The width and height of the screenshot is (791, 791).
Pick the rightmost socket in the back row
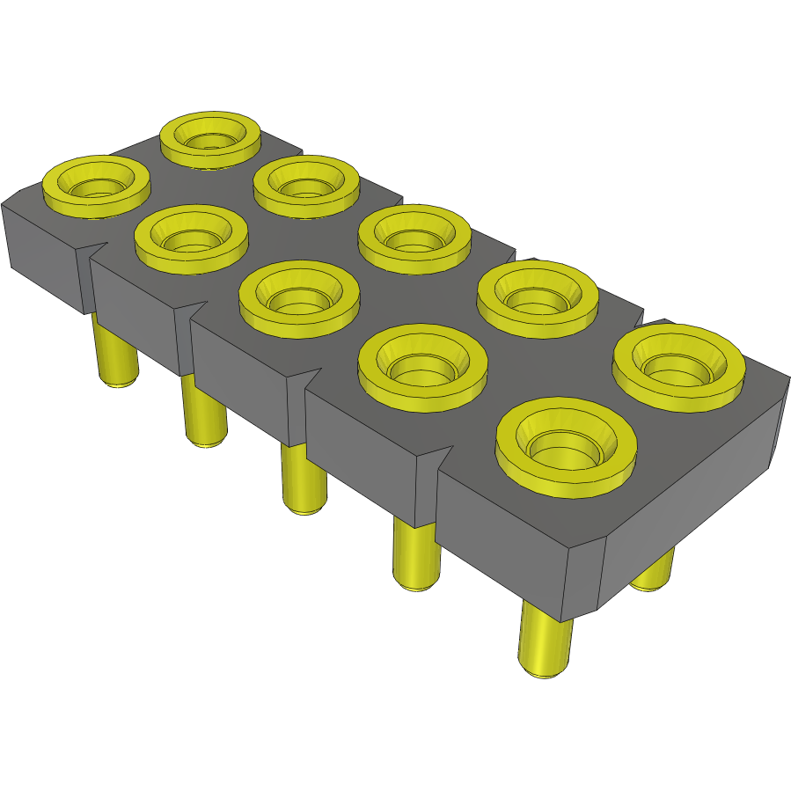(678, 362)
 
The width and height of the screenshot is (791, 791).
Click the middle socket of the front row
(299, 297)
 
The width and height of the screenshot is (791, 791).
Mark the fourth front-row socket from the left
(423, 362)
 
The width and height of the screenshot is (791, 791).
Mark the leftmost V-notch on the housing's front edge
(92, 251)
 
